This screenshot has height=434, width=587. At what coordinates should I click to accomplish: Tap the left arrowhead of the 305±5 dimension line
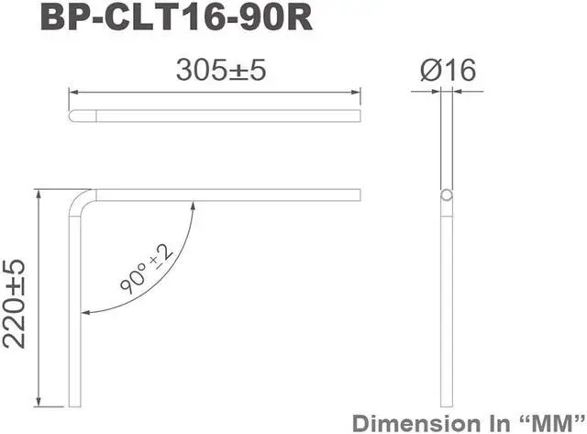75,91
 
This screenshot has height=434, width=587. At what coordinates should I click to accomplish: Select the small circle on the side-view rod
447,196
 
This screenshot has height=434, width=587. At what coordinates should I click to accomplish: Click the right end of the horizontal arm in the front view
360,195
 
